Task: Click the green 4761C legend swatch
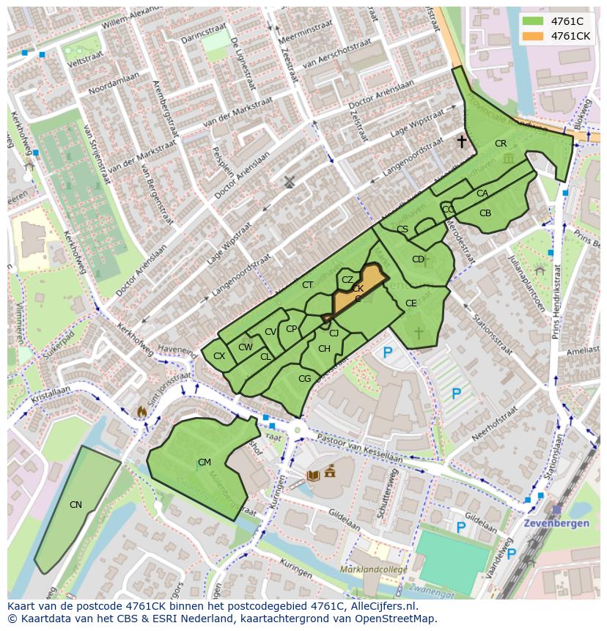(x=533, y=21)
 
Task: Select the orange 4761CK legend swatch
(x=533, y=35)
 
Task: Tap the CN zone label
(x=76, y=504)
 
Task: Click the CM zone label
(x=204, y=462)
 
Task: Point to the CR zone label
(x=501, y=144)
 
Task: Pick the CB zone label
(x=485, y=213)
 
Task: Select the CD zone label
(x=418, y=259)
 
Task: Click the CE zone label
(x=411, y=303)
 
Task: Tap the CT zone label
(x=307, y=285)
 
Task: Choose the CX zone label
(x=218, y=356)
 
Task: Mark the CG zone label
(x=304, y=379)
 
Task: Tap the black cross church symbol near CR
(x=462, y=141)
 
